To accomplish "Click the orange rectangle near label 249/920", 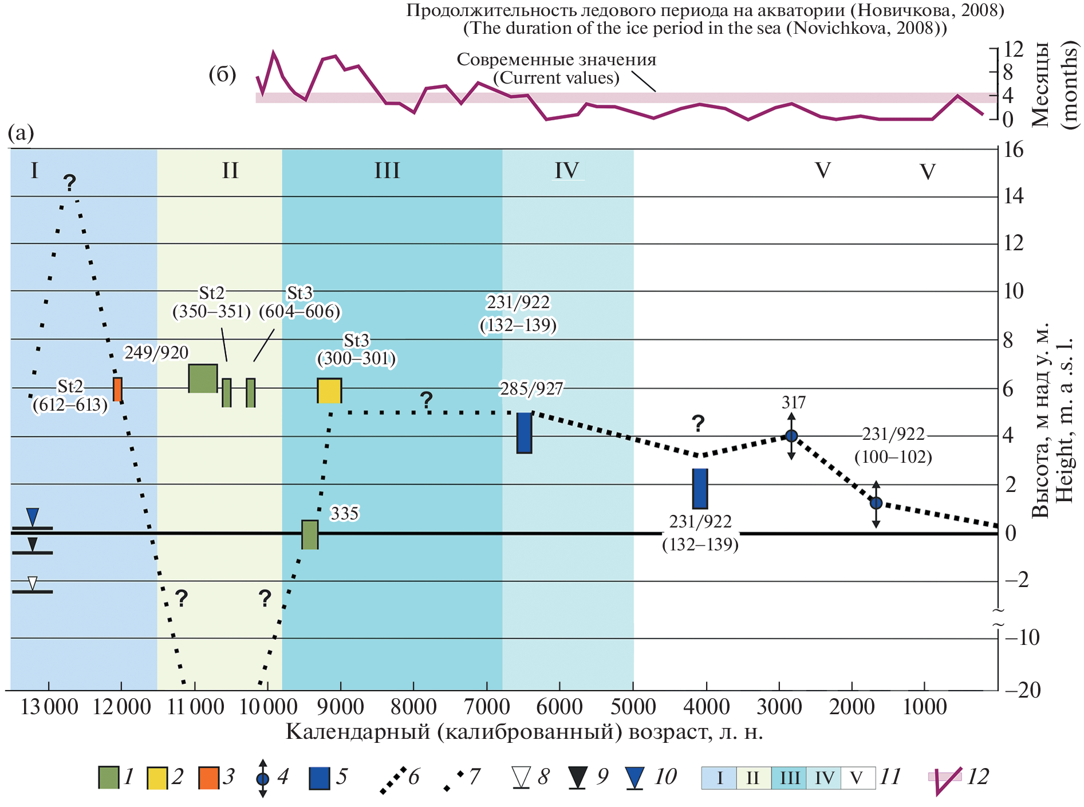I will (x=117, y=389).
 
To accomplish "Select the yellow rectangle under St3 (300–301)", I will (x=329, y=391).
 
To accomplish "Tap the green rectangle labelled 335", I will (x=310, y=534).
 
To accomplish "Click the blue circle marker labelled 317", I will (x=791, y=436).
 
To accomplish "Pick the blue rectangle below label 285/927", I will (x=524, y=433).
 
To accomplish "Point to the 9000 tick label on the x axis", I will (x=341, y=707).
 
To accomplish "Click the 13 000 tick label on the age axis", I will (x=49, y=707).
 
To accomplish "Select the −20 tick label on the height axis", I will (x=1023, y=690).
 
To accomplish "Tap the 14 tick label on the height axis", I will (x=1014, y=196).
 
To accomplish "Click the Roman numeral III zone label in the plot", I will (x=387, y=171).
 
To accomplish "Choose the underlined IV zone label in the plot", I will (x=567, y=171).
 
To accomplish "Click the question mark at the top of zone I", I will (x=69, y=183).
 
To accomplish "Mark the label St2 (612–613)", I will (x=70, y=396).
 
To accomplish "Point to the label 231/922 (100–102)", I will (x=893, y=446).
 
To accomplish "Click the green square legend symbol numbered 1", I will (x=109, y=777).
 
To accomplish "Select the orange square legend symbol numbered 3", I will (x=208, y=777).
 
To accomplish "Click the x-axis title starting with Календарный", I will (x=524, y=732).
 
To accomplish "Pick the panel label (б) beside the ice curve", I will (x=222, y=74).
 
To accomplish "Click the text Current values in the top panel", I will (x=556, y=78).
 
